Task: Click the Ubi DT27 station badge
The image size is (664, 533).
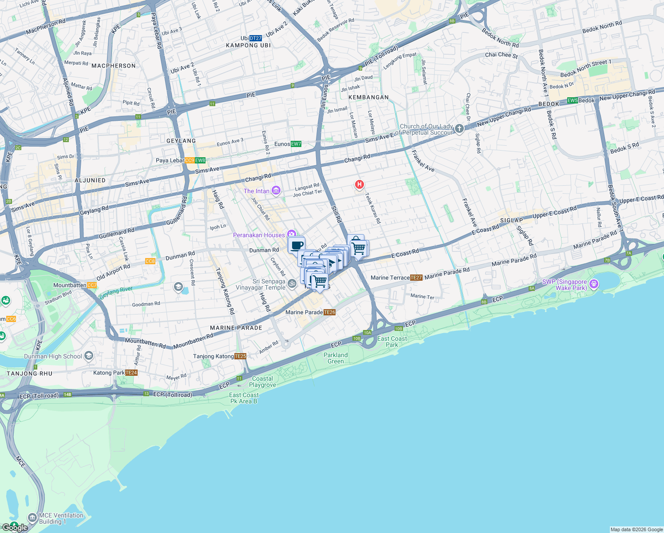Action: coord(255,38)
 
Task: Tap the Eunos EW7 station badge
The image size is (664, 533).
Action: coord(296,144)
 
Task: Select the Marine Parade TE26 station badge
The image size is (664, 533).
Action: coord(329,312)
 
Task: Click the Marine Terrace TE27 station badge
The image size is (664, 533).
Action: coord(416,278)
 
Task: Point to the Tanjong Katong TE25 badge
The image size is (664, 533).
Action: coord(240,356)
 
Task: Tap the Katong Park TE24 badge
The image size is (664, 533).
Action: coord(131,373)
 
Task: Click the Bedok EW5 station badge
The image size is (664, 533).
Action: coord(573,100)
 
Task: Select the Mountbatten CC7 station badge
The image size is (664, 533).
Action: coord(92,285)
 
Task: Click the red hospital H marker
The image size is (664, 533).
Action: coord(360,184)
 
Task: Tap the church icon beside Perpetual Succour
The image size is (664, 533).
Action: coord(459,129)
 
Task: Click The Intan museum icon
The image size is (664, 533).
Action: coord(276,191)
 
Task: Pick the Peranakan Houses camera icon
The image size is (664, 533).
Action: coord(291,234)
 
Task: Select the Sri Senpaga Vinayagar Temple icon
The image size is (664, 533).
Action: coord(292,283)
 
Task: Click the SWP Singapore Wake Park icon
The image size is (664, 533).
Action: coord(594,284)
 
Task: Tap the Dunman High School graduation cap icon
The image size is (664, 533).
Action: coord(89,355)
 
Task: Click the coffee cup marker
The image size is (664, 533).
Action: coord(296,245)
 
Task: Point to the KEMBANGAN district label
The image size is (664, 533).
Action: coord(368,97)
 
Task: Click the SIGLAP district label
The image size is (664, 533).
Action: coord(511,220)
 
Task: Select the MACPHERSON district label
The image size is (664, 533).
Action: coord(114,66)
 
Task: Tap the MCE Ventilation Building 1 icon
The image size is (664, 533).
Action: coord(32,518)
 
